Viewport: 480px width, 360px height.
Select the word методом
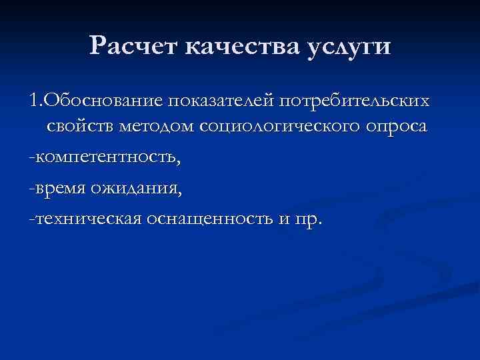tap(162, 127)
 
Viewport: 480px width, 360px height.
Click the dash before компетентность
tap(31, 159)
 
